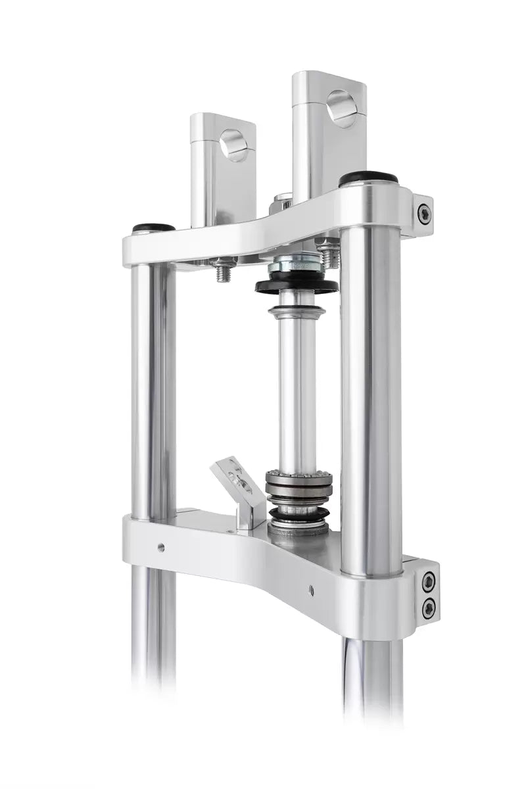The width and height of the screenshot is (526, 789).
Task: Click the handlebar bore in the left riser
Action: [234, 145]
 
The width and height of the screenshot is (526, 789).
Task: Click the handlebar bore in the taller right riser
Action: [342, 108]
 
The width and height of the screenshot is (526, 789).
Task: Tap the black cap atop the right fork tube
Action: [368, 178]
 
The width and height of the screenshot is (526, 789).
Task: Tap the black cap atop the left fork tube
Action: [154, 228]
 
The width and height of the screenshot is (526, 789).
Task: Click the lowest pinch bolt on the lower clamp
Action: [428, 608]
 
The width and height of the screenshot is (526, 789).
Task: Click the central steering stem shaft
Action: [297, 388]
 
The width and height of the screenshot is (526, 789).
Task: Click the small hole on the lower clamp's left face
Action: [161, 545]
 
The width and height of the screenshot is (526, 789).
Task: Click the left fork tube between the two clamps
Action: [153, 388]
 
